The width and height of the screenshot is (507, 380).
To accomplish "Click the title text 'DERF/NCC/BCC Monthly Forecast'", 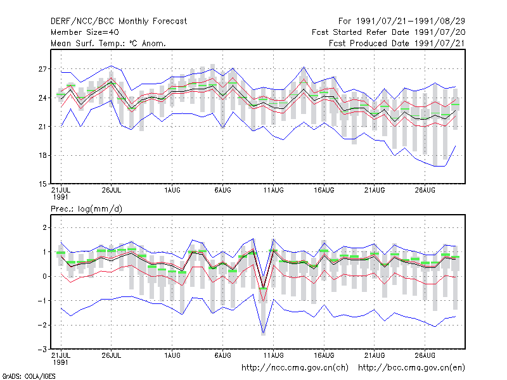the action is point(119,22).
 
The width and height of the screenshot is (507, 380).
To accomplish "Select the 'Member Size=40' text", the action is point(85,32).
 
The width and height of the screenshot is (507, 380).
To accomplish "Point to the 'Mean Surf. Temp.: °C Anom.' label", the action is point(108,43).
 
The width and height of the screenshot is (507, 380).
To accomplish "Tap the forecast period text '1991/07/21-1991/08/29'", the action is point(411,22).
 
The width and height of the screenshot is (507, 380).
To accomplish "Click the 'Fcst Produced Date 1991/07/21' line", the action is point(397,43).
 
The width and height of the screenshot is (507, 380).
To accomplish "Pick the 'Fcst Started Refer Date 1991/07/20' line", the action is point(388,32).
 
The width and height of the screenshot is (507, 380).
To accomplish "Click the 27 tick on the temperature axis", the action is point(42,69).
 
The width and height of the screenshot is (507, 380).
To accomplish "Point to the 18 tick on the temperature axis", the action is point(42,155).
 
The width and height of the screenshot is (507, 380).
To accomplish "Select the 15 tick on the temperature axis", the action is point(42,184).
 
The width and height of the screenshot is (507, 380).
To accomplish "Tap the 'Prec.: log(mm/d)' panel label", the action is point(86,209).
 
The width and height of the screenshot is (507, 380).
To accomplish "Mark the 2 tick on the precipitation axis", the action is point(44,228).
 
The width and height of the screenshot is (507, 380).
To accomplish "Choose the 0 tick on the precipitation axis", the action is point(44,276).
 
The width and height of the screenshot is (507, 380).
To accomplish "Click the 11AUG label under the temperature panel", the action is point(274,191).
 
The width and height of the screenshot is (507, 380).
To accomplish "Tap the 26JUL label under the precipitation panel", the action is point(112,355).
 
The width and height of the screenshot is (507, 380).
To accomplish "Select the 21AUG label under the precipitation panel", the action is point(375,355).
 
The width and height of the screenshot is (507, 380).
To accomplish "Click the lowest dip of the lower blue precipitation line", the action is point(263,333).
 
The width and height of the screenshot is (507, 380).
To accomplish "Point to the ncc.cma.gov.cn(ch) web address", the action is point(295,368).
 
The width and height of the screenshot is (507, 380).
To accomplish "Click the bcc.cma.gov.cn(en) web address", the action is point(411,368).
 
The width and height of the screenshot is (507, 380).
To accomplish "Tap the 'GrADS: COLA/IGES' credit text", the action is point(29,376).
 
